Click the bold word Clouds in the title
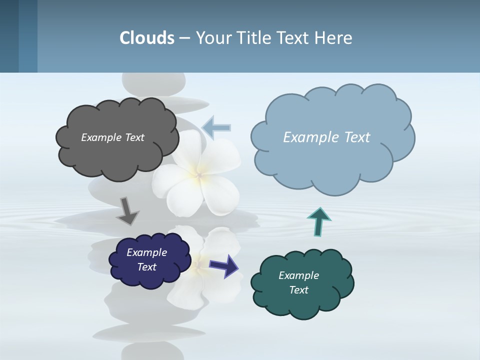click(147, 38)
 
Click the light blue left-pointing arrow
click(217, 128)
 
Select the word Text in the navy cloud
click(147, 267)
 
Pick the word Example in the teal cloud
click(298, 275)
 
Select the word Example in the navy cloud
click(147, 252)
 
